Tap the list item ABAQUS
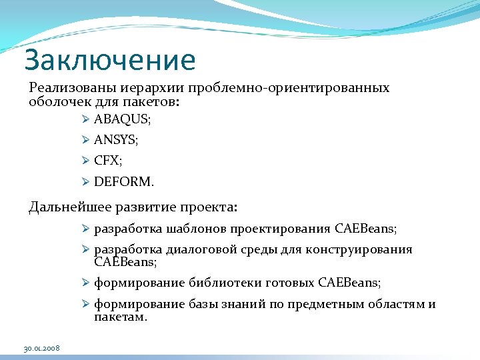[122, 120]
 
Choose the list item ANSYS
[116, 140]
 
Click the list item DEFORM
[124, 181]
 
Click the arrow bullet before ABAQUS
[85, 120]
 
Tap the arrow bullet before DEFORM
[85, 181]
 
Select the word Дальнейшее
[67, 207]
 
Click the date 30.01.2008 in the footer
[41, 349]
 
